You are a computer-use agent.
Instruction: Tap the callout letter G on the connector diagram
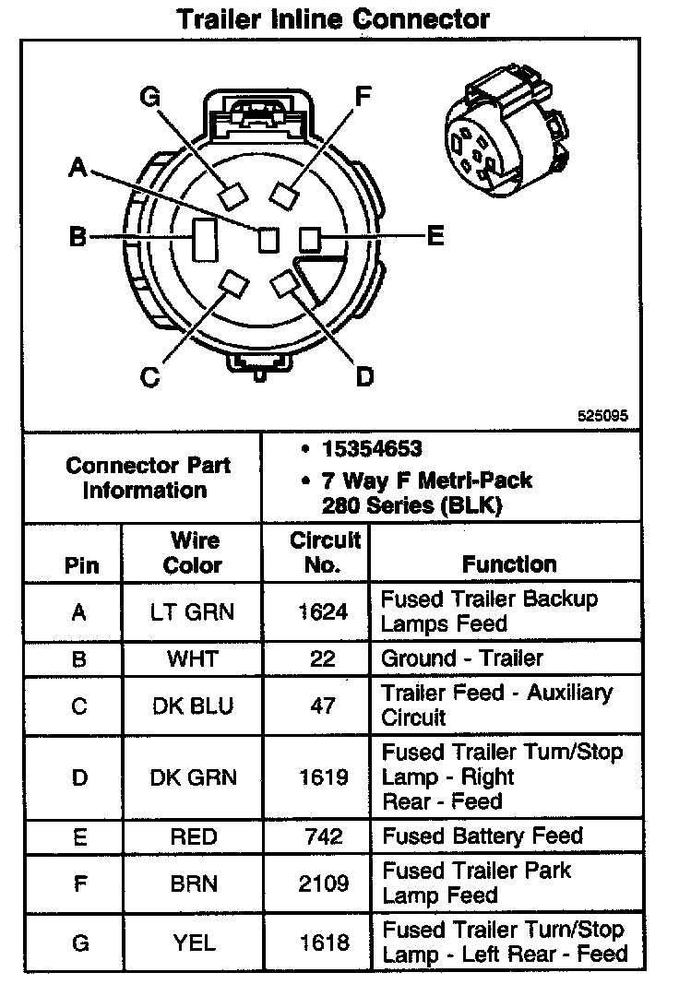(150, 98)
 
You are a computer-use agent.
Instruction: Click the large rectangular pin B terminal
(203, 239)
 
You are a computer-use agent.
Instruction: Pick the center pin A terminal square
(268, 239)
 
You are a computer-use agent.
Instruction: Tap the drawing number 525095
(602, 416)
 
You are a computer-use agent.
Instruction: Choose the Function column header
(509, 563)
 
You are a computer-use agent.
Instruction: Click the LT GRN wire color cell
(193, 611)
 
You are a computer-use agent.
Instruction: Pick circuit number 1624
(316, 611)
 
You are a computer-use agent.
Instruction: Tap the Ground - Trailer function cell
(462, 658)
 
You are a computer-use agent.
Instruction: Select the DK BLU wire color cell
(193, 705)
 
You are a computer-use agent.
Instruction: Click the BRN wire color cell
(193, 883)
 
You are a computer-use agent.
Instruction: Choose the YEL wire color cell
(193, 942)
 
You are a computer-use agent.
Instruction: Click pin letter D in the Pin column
(79, 777)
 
